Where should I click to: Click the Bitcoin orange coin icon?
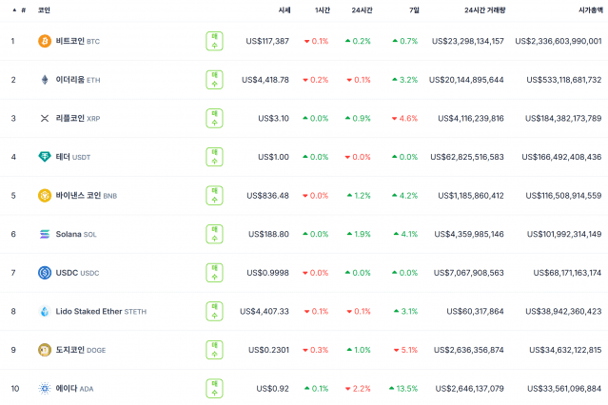(44, 41)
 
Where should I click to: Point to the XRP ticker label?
(93, 118)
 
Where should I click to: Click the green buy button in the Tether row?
(215, 157)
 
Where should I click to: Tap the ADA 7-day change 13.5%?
(403, 388)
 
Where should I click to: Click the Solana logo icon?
(44, 234)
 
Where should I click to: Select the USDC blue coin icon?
(44, 273)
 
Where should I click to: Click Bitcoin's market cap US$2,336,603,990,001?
(558, 41)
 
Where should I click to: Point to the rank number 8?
(13, 311)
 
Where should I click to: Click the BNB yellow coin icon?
(44, 196)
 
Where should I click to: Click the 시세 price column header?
(284, 9)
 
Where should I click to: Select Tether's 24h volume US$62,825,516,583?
(467, 157)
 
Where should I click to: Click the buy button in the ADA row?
(215, 388)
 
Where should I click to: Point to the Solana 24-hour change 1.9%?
(358, 234)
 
